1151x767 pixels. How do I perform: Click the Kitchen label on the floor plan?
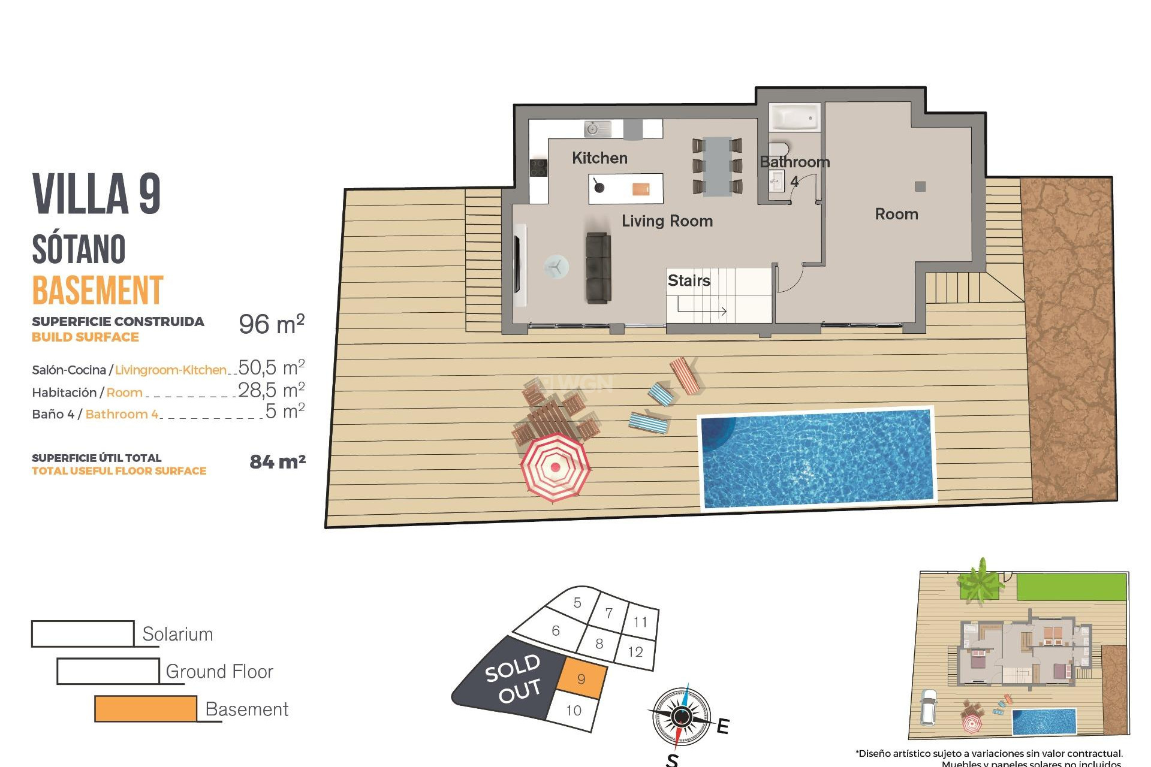599,158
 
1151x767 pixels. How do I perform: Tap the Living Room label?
667,221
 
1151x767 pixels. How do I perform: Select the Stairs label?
689,280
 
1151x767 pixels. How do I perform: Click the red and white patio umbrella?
555,467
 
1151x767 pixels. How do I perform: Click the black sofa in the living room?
598,268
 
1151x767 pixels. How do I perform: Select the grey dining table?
717,167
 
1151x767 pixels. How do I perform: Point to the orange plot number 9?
581,679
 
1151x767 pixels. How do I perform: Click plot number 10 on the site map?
574,711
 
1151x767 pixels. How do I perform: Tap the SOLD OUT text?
514,679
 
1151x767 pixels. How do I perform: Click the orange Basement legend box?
146,709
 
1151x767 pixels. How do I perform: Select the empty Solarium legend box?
83,634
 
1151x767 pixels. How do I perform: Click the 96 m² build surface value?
272,324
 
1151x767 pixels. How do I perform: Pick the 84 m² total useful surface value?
278,462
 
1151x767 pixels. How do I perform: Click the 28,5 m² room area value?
272,390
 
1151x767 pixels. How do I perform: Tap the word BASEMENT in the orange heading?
98,291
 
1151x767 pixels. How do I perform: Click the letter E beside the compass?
723,726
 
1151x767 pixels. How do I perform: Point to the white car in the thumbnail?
928,707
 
